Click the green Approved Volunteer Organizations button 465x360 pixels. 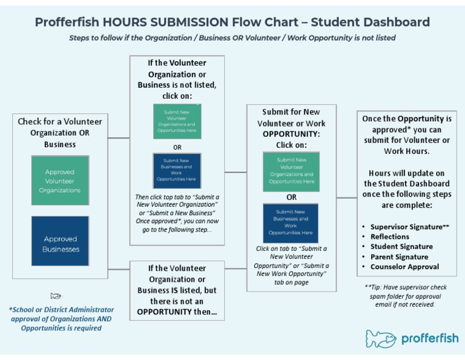click(x=60, y=181)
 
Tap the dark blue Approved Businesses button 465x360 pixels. click(x=60, y=244)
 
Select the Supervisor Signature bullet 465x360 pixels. click(x=409, y=226)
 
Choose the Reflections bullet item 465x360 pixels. click(x=389, y=236)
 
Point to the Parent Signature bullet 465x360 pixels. click(x=399, y=256)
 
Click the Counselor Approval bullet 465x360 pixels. click(x=404, y=266)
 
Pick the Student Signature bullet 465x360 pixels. click(x=401, y=246)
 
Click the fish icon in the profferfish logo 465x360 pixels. click(x=380, y=339)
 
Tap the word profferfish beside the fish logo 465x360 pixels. click(x=429, y=338)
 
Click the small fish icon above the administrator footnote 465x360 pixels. click(x=56, y=296)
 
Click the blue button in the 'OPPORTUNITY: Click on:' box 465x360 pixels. click(x=291, y=223)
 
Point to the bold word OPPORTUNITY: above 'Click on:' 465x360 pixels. click(x=291, y=134)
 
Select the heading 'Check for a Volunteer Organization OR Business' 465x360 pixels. click(x=60, y=133)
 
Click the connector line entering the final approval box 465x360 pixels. click(x=346, y=198)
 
